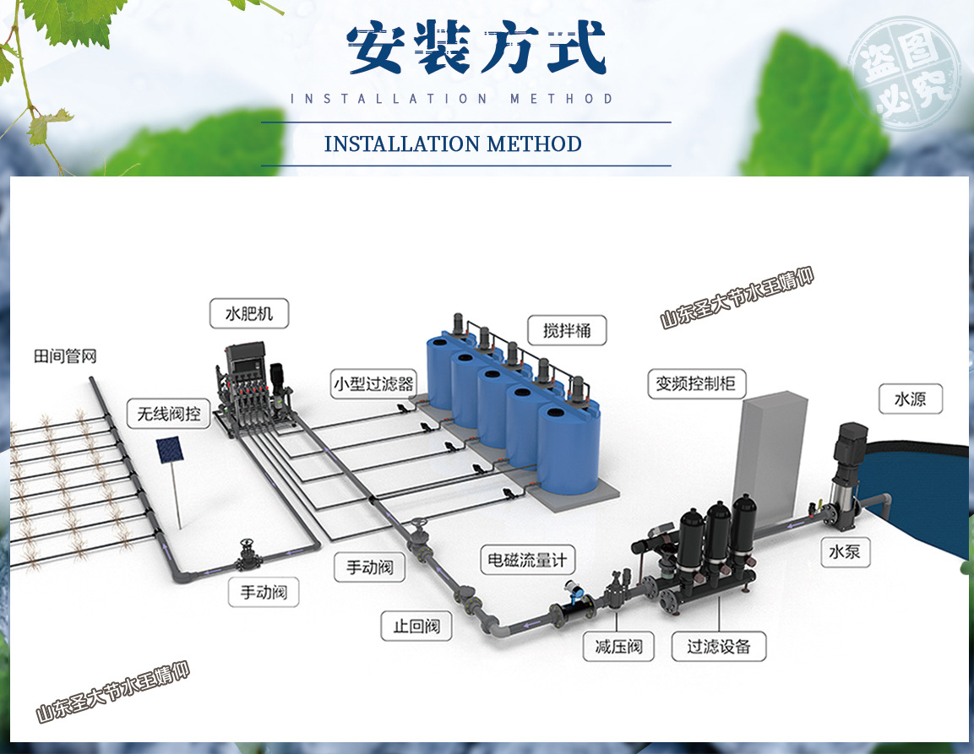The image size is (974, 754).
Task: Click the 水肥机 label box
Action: (x=248, y=315)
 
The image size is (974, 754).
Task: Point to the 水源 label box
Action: (x=909, y=399)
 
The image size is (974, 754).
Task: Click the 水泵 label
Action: (x=844, y=553)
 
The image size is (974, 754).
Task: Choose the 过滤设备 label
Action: (x=718, y=647)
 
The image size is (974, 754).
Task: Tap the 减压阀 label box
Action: (x=618, y=647)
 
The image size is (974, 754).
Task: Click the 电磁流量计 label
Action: (x=528, y=559)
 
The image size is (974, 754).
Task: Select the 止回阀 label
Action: (x=416, y=627)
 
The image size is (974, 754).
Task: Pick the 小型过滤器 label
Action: (x=373, y=384)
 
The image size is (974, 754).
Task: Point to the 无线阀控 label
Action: (x=169, y=414)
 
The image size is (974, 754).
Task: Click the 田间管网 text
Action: (x=65, y=356)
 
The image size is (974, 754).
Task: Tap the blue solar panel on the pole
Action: (x=169, y=449)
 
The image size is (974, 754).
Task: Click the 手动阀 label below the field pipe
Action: (x=264, y=593)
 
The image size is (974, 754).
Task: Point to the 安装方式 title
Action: (x=477, y=49)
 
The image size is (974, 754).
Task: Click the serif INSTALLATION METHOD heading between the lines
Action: (x=453, y=144)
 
